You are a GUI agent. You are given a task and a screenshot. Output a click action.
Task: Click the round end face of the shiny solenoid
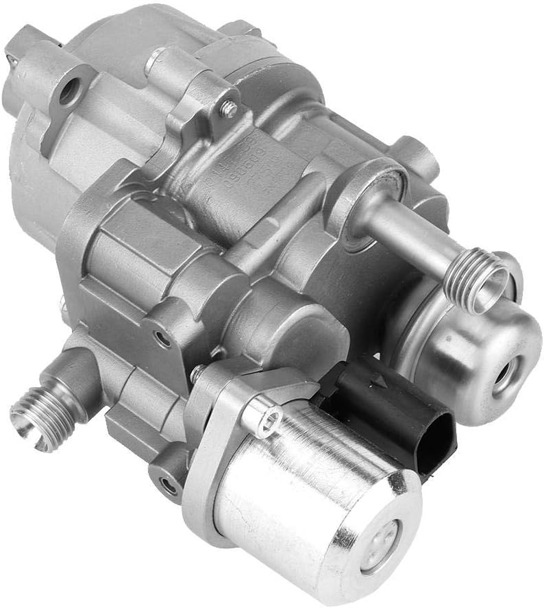(384, 545)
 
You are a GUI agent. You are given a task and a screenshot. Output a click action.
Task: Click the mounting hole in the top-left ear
(69, 93)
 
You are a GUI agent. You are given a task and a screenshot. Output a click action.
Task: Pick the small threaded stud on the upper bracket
(230, 108)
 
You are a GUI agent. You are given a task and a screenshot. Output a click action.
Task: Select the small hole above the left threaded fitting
(162, 337)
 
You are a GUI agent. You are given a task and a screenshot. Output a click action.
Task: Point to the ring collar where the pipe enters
(367, 206)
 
